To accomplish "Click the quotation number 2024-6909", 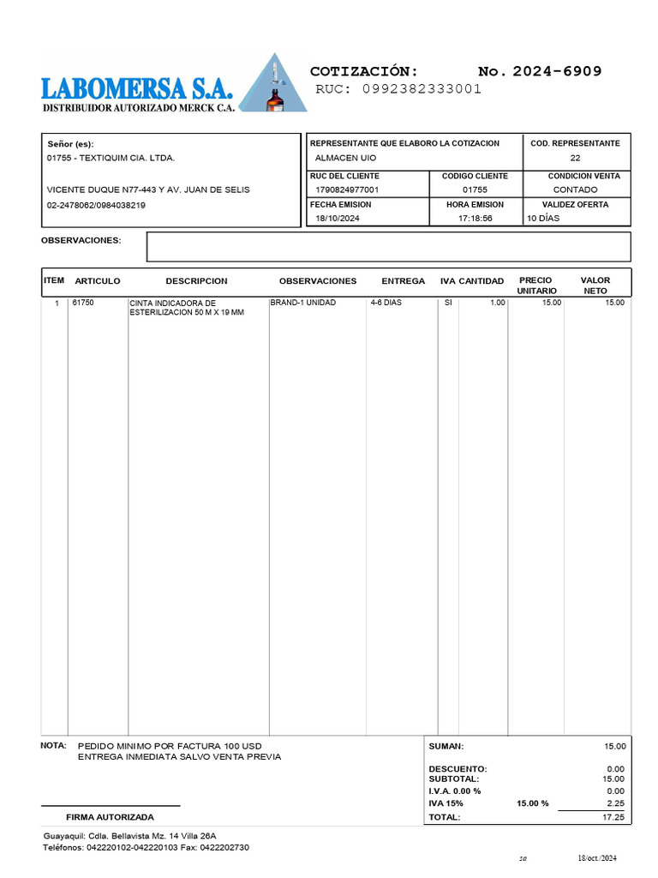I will (x=557, y=71).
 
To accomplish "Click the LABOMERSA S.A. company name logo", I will (x=136, y=88).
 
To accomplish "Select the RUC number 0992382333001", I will (x=422, y=88).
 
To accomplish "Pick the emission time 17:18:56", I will (x=475, y=219).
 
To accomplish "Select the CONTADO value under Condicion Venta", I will (x=576, y=189).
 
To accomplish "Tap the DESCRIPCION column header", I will (x=196, y=281).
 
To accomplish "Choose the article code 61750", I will (x=83, y=303).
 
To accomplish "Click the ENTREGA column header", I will (x=403, y=281).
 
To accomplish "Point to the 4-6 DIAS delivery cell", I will (x=386, y=303).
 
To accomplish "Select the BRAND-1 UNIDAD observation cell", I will (x=303, y=303).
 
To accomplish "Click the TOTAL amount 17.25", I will (x=614, y=817).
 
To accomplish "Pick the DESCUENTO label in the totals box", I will (x=458, y=769).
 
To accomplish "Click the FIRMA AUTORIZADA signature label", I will (x=111, y=817).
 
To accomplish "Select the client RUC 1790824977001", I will (x=347, y=189).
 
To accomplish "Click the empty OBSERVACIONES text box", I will (x=388, y=246).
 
